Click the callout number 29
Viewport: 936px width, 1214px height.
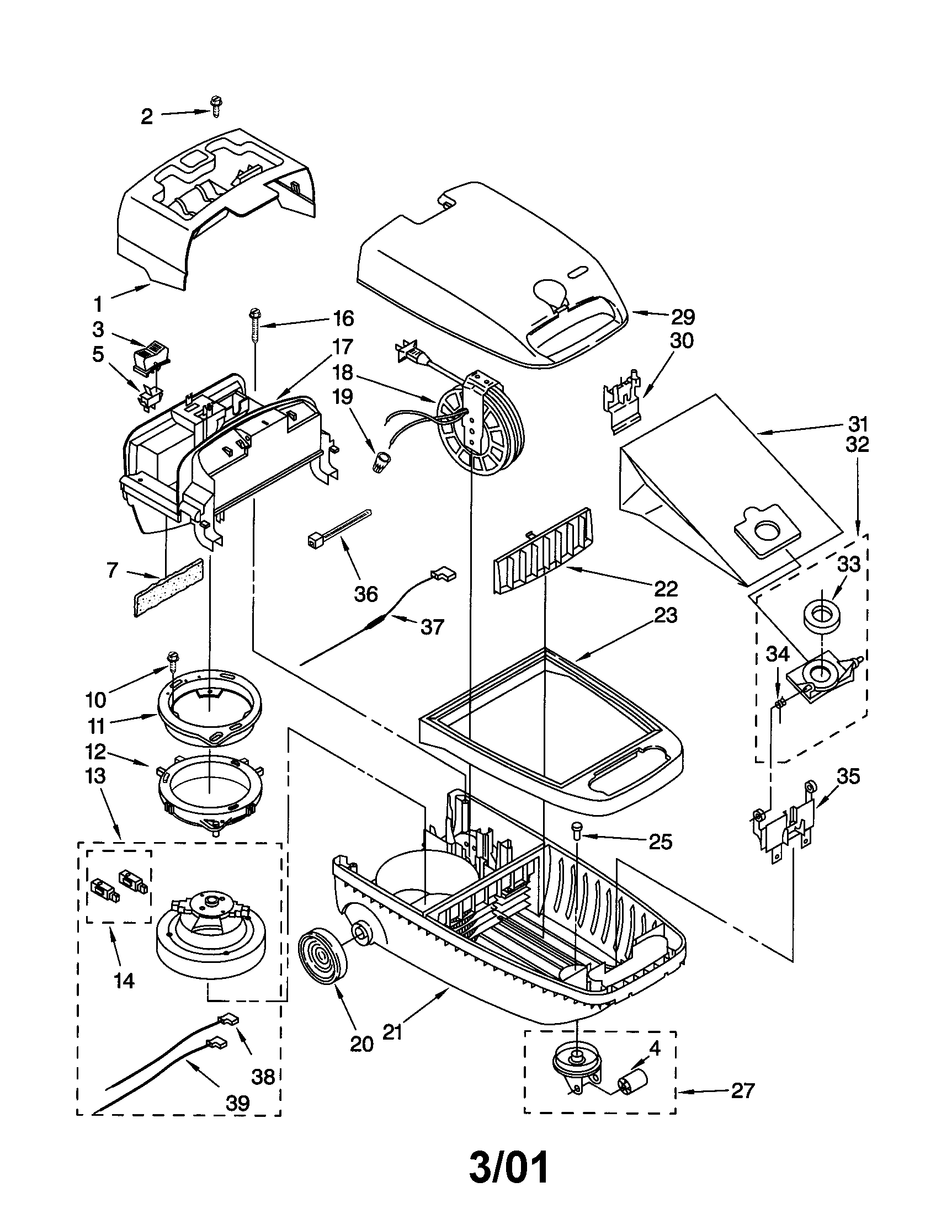click(683, 317)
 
